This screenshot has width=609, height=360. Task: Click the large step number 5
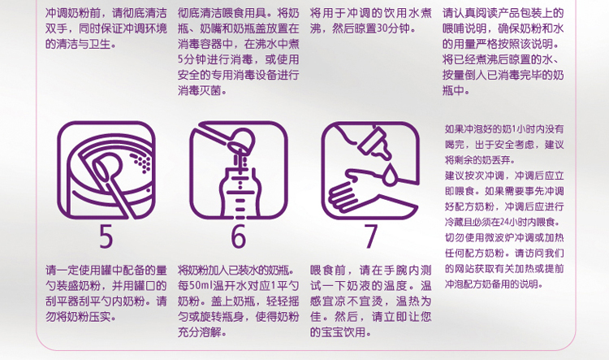106,236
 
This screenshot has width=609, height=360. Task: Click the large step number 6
239,236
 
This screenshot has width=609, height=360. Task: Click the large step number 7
371,236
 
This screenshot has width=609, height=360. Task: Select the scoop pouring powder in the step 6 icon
229,139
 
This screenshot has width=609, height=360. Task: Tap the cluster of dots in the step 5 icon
141,163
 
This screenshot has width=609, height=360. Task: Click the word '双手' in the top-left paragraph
56,28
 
